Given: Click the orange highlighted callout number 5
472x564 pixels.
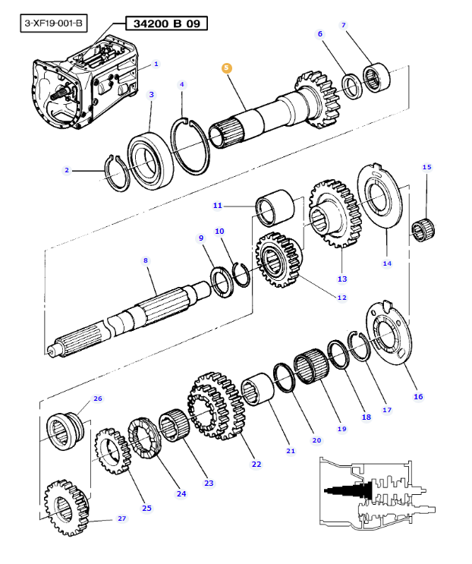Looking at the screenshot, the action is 226,68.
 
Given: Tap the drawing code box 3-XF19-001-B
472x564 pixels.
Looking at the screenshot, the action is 54,24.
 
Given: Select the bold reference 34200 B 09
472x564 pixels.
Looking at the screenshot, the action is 166,24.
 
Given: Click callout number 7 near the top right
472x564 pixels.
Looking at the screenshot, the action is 343,25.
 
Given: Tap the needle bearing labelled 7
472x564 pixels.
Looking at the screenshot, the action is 376,77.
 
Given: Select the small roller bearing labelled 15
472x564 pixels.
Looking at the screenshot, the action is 423,229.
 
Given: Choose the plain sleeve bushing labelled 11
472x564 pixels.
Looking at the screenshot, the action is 275,208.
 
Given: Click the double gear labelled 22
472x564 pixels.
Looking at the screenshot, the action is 216,405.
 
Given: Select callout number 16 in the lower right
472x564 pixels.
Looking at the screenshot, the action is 418,396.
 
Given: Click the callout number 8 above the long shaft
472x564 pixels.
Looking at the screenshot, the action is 146,260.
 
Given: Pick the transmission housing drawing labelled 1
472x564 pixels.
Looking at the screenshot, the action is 85,82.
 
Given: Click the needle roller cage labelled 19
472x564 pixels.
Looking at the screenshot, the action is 311,365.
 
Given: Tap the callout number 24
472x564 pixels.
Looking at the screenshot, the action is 181,494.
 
